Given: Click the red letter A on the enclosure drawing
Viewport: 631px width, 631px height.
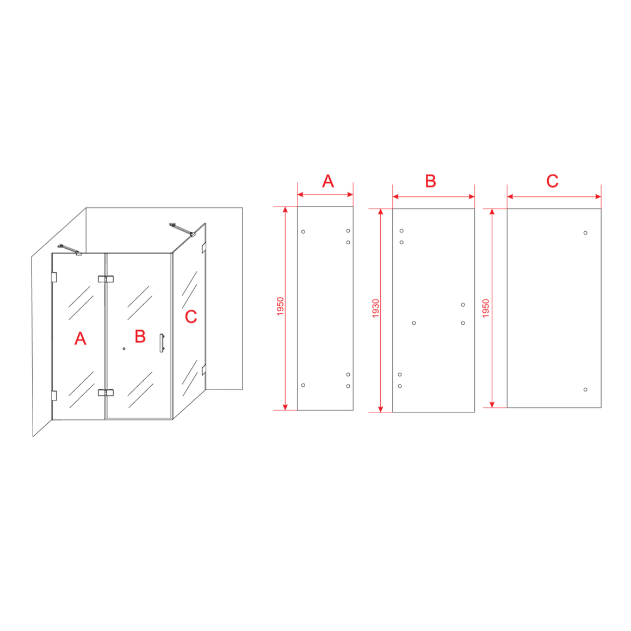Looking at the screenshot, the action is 81,338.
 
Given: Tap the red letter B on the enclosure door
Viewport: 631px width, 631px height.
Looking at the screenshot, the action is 140,336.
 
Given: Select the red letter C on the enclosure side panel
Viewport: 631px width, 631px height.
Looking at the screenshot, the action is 191,317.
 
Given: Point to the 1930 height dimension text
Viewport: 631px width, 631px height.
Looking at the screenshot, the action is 376,308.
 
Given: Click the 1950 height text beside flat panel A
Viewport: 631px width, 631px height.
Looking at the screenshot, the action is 281,306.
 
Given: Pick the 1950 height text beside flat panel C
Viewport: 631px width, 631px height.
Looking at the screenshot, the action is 486,308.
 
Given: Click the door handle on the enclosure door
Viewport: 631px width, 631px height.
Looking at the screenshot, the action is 162,343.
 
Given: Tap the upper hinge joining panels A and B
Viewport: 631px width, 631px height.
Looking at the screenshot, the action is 106,279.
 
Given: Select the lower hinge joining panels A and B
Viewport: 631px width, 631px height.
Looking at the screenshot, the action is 106,392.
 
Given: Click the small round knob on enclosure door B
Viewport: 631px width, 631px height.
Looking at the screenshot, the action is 124,349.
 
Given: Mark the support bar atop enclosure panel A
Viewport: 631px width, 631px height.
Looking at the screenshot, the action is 70,250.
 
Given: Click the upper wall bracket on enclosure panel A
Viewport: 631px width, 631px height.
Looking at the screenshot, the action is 54,277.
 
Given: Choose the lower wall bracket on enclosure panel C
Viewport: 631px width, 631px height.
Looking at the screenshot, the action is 204,370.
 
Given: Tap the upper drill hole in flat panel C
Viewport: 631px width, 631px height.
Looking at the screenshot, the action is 585,233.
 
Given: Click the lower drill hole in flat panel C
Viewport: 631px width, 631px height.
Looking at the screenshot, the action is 585,389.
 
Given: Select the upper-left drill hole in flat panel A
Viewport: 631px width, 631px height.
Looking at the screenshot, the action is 304,232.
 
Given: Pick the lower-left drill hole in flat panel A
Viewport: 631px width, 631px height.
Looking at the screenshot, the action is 304,385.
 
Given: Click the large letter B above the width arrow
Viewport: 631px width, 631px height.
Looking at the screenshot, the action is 431,181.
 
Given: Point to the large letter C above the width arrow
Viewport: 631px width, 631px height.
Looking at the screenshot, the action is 553,181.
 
